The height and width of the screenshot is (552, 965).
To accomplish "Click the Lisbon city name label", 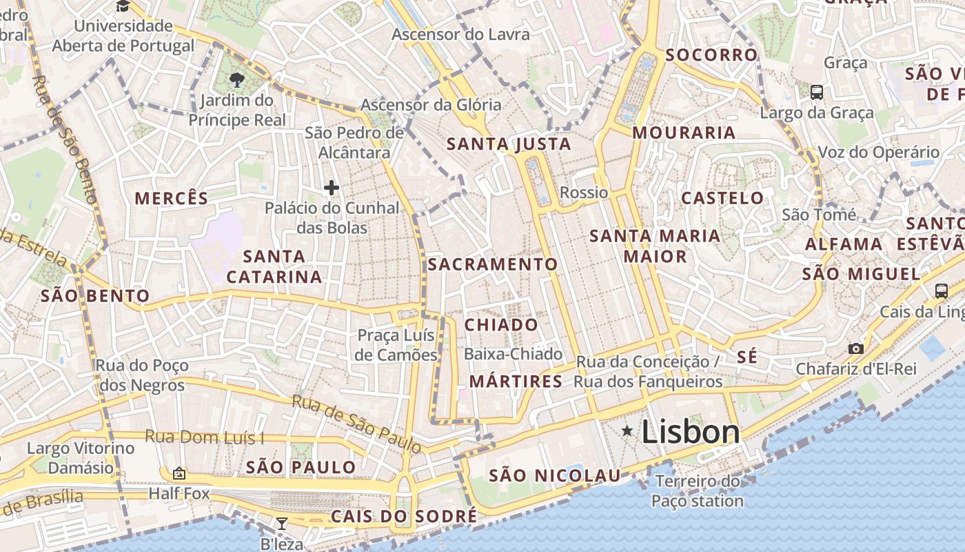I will tap(691, 432).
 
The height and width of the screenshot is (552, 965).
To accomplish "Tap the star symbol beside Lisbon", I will tap(627, 431).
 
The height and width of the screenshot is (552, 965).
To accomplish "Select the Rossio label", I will tap(584, 193).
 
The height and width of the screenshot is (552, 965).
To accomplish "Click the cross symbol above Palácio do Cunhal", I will tap(332, 187).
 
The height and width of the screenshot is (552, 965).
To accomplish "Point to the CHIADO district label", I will tap(501, 324).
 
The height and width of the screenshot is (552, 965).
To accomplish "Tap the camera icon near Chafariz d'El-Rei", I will tap(855, 348).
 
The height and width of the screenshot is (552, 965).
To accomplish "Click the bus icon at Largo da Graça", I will tap(817, 92).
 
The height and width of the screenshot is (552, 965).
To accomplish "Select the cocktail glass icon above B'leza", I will tap(281, 523).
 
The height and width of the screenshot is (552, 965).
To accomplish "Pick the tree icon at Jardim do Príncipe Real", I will tap(237, 79).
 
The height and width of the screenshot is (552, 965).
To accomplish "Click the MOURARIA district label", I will tap(684, 132).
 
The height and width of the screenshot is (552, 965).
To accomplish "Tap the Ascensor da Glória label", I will tap(431, 105).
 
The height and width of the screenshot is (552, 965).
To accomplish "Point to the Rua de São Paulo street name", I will tap(356, 423).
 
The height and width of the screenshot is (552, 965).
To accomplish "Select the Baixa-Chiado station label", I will tap(514, 354).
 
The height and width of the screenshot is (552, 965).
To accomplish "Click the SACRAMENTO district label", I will tap(492, 264).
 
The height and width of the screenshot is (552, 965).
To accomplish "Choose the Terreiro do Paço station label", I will tap(697, 491).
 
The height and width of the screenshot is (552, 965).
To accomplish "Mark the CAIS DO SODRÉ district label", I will tap(403, 516).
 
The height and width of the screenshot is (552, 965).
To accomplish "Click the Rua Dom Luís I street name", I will tap(204, 437).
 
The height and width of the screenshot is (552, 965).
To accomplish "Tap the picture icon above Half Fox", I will tap(179, 473).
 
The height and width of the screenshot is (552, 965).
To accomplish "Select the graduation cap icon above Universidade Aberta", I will tap(123, 6).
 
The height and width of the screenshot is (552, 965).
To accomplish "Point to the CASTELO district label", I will tap(722, 198).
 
